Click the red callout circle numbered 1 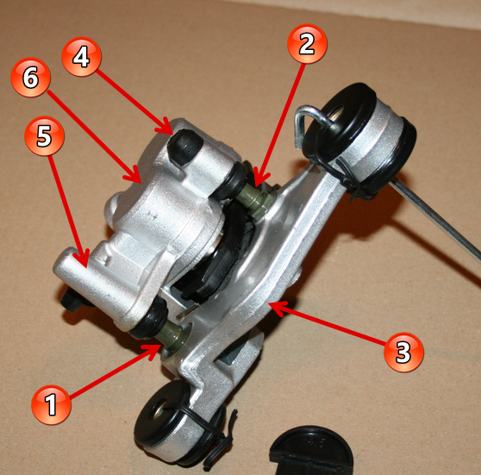point(51,405)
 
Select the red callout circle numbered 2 point(307,44)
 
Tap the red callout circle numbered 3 point(403,353)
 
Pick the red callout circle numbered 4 point(81,57)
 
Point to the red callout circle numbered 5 point(44,135)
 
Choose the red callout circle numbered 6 point(30,78)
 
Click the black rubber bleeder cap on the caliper point(184,147)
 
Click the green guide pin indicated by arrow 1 point(172,336)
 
